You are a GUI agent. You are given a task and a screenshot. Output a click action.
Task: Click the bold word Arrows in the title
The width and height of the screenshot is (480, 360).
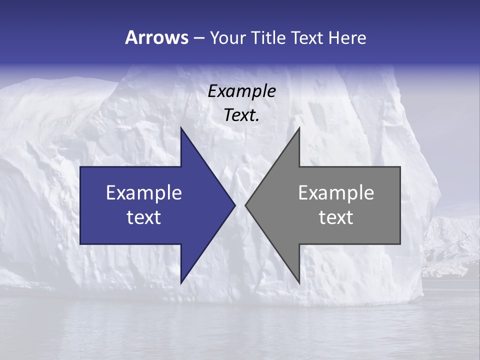tap(156, 37)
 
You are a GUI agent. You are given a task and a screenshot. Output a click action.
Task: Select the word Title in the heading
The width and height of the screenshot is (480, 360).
tap(268, 38)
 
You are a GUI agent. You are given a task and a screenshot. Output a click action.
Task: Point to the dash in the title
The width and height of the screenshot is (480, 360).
tap(198, 38)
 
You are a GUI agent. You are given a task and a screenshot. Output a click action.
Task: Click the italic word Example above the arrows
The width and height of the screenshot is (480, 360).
tap(241, 91)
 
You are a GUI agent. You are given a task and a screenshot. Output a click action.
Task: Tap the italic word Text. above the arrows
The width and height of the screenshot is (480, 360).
tap(241, 115)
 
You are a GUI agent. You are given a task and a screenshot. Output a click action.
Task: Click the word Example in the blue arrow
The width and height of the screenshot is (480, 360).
tap(144, 193)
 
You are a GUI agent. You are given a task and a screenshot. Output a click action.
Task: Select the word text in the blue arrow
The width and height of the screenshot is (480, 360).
tap(144, 217)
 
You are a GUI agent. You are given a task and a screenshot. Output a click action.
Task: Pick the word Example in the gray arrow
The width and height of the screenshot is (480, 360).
tap(336, 193)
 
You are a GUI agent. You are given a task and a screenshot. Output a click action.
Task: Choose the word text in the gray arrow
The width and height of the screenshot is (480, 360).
tap(336, 217)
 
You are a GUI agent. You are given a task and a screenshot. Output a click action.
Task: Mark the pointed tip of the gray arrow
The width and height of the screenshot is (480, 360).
tap(246, 205)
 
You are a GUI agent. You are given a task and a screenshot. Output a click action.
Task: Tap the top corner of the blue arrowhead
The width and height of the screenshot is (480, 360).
tap(181, 128)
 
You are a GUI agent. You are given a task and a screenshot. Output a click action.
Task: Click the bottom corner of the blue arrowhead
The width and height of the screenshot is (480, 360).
tap(181, 282)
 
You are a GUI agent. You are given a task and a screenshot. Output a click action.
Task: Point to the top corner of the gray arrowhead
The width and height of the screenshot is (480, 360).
tap(299, 128)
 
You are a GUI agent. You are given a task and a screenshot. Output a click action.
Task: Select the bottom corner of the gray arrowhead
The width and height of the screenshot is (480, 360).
tap(299, 282)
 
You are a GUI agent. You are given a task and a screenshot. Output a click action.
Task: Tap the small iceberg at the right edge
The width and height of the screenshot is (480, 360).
tap(450, 245)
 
